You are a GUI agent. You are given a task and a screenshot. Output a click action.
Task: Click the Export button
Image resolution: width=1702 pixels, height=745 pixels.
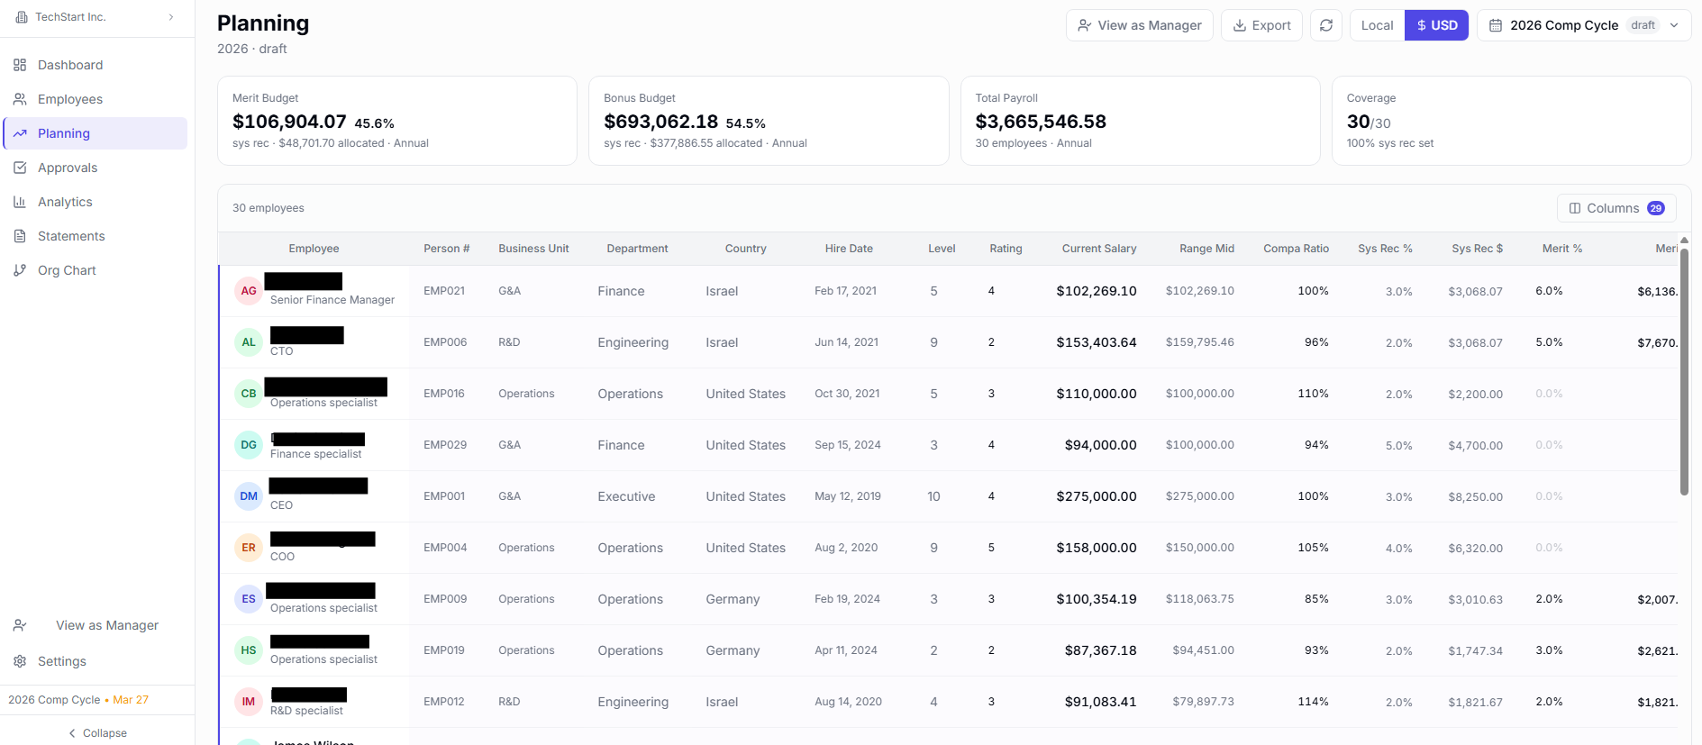coord(1261,25)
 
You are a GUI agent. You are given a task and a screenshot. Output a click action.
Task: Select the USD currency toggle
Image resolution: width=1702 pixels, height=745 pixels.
coord(1436,25)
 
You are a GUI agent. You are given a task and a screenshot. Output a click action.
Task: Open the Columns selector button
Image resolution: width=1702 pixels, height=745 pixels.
coord(1616,208)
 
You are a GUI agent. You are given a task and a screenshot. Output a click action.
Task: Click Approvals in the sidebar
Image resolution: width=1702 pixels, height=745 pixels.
coord(68,168)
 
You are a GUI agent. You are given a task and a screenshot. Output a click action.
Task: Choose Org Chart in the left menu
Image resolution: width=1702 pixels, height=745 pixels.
coord(67,270)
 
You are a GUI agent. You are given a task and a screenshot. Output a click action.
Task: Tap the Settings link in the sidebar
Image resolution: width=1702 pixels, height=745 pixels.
coord(62,661)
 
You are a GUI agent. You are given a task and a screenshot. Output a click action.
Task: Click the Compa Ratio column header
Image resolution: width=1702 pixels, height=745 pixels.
coord(1296,249)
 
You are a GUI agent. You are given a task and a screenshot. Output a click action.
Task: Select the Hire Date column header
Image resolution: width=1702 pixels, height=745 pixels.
coord(849,249)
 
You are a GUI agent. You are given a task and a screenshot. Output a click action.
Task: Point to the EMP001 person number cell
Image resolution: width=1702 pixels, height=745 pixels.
coord(444,496)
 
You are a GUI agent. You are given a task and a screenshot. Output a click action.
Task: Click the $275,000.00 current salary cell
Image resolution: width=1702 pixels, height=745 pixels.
coord(1096,496)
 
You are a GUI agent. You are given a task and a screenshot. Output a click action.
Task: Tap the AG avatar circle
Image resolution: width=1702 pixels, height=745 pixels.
coord(249,291)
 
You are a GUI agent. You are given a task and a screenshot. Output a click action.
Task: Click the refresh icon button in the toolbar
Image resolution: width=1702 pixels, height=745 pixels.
coord(1326,25)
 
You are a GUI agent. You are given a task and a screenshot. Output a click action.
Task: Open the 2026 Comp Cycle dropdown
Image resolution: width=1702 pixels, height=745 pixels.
coord(1583,25)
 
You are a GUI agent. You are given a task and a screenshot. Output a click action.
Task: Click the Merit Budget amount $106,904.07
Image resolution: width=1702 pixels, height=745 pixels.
coord(289,122)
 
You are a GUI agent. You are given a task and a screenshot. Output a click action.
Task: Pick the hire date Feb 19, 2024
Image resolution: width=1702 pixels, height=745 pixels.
coord(847,599)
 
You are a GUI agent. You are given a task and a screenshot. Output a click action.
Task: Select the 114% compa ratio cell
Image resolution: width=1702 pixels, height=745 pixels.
coord(1313,702)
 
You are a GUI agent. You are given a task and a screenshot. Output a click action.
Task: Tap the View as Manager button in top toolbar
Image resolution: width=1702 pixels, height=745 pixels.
coord(1139,25)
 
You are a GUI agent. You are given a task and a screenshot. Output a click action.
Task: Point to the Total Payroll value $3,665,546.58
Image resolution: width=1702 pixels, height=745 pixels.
coord(1041,122)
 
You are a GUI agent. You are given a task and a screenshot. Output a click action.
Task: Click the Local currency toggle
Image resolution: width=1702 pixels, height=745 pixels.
coord(1377,25)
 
